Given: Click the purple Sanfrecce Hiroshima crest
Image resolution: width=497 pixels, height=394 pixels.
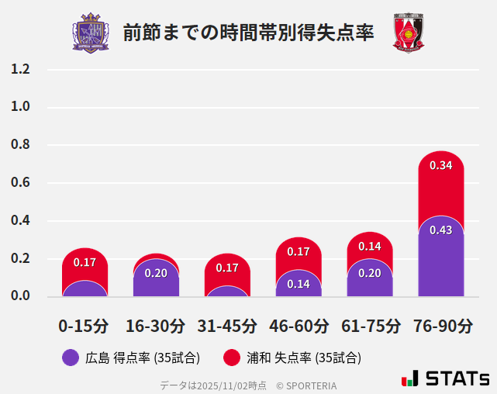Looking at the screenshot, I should coord(91,33).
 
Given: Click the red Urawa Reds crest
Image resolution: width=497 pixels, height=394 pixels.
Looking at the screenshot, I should coord(408,33).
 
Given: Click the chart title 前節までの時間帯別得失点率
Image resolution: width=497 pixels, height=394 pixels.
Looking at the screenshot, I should coord(248,33).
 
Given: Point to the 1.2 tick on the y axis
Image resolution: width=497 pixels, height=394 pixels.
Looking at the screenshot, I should coord(20,69).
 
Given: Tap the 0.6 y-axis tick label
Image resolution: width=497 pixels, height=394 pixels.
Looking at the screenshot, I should coord(20,183).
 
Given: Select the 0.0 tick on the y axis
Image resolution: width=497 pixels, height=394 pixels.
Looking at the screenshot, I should coord(20,295).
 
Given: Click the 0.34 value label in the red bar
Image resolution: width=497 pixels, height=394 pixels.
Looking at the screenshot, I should coord(440,165).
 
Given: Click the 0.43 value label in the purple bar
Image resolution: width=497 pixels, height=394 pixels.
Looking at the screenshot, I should coord(440,230).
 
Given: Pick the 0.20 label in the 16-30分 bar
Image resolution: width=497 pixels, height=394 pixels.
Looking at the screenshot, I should coord(156,273).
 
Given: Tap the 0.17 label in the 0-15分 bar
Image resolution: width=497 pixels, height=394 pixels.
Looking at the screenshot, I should coord(85,262).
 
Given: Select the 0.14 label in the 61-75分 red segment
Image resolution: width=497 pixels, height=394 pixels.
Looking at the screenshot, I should coord(370,247).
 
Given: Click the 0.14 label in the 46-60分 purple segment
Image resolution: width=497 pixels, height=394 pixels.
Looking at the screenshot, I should coord(299,284).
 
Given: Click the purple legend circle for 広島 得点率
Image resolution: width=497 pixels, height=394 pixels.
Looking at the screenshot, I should coord(71,358).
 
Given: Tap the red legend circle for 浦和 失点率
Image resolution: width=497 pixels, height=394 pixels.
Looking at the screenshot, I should coord(231,358).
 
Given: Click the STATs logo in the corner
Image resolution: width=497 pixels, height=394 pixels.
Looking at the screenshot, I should coord(446,378).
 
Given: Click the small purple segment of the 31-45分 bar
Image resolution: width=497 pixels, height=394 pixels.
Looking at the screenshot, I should coord(227,292).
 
